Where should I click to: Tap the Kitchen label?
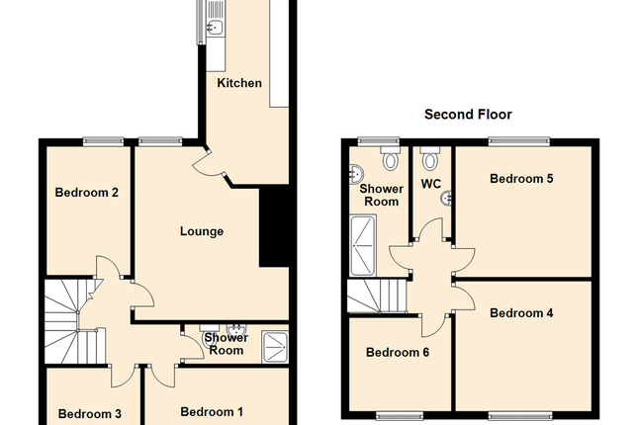tap(239, 83)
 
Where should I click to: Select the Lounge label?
tap(201, 231)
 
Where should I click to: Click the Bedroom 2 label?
tap(87, 193)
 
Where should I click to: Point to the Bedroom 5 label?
tap(521, 179)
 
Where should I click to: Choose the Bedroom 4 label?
tap(521, 313)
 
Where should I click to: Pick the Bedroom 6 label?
tap(397, 352)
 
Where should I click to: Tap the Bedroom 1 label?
tap(211, 411)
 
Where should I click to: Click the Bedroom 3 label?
tap(89, 413)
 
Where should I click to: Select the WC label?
tap(431, 184)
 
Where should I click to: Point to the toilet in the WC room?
tap(428, 159)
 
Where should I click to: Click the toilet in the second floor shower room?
tap(391, 160)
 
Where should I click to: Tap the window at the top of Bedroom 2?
tap(102, 140)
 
